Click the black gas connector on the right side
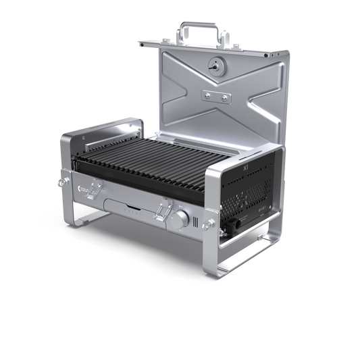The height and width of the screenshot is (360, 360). (233, 222)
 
